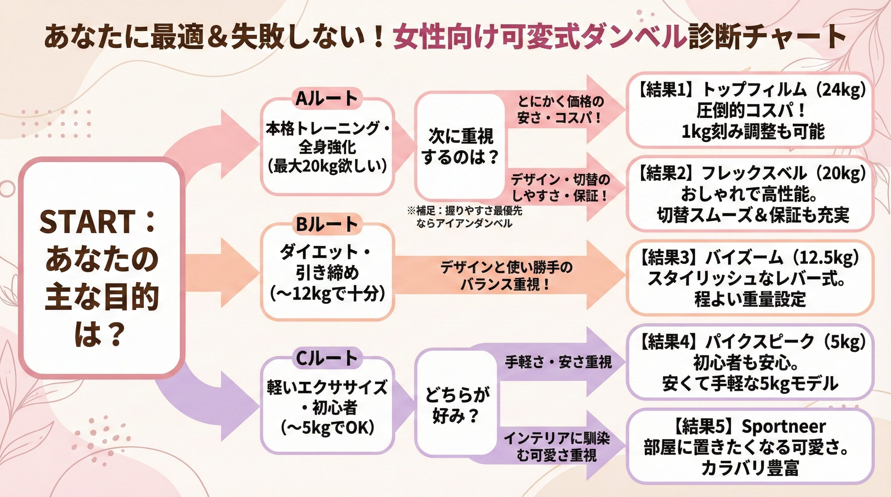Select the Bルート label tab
click(327, 224)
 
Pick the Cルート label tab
click(327, 358)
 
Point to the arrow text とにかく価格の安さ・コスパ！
click(560, 110)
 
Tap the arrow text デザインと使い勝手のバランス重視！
click(507, 276)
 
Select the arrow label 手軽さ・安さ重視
click(558, 362)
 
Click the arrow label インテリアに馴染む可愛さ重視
click(557, 447)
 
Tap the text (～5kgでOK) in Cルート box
click(327, 429)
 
